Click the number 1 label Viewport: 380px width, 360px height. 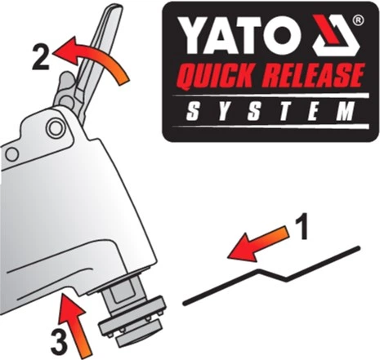pyautogui.click(x=302, y=226)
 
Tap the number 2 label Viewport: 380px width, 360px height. pyautogui.click(x=41, y=57)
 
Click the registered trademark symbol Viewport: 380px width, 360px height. pyautogui.click(x=358, y=20)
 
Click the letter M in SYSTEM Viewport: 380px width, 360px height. pyautogui.click(x=346, y=111)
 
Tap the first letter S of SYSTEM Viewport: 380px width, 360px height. pyautogui.click(x=193, y=111)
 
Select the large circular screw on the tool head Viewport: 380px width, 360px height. pyautogui.click(x=56, y=127)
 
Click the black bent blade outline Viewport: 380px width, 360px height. pyautogui.click(x=272, y=275)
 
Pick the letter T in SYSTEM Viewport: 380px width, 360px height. pyautogui.click(x=284, y=111)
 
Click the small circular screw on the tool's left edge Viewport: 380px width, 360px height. pyautogui.click(x=12, y=154)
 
